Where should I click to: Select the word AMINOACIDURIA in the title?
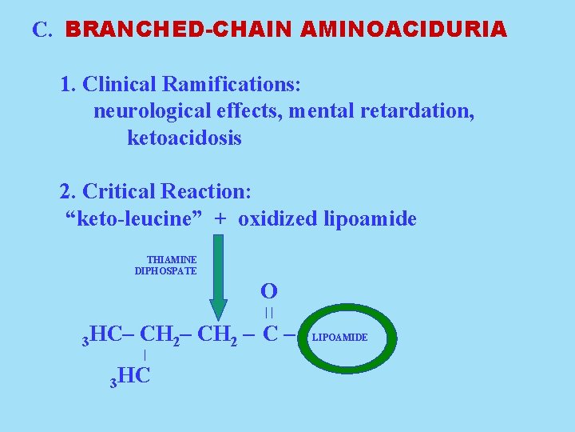click(x=404, y=30)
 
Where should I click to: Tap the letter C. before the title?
click(x=42, y=30)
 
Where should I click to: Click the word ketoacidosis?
click(x=184, y=138)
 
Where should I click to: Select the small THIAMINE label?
click(x=172, y=259)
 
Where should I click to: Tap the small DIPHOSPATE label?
click(x=165, y=270)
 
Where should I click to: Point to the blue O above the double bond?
click(x=269, y=290)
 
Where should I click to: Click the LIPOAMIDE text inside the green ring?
click(x=339, y=338)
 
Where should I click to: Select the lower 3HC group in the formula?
click(x=130, y=375)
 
